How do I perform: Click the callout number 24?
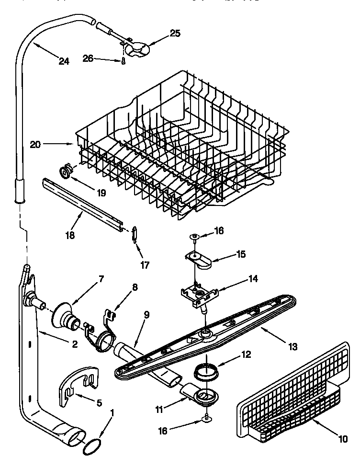(x=63, y=61)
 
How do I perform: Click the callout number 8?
(x=135, y=288)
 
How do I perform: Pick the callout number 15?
(x=240, y=254)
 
